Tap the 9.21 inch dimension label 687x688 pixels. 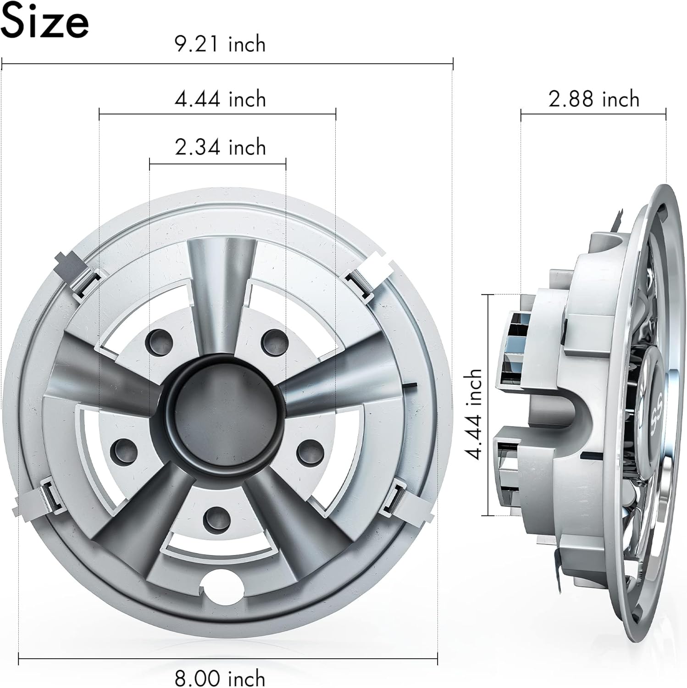click(x=220, y=44)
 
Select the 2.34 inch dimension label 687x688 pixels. click(x=220, y=147)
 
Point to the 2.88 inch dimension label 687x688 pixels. click(x=594, y=99)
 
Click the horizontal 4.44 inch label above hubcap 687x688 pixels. click(x=220, y=99)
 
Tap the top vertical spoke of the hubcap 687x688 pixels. click(x=221, y=280)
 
